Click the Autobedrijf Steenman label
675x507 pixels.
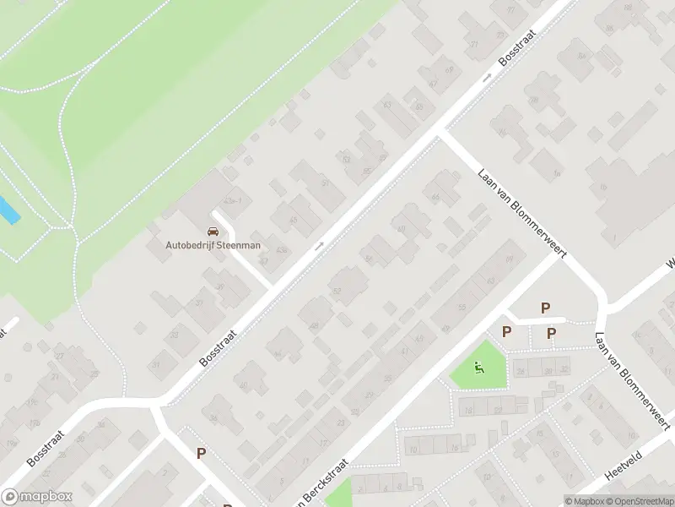coord(213,245)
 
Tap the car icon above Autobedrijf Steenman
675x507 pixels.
coord(213,231)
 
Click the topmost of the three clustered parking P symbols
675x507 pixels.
coord(545,308)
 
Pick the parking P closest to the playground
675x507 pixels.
coord(507,332)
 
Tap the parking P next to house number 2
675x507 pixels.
coord(201,453)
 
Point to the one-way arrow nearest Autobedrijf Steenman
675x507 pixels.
coord(319,247)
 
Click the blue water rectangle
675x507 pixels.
coord(8,210)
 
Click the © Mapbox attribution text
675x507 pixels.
coord(583,501)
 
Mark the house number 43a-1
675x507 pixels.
coord(233,200)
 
